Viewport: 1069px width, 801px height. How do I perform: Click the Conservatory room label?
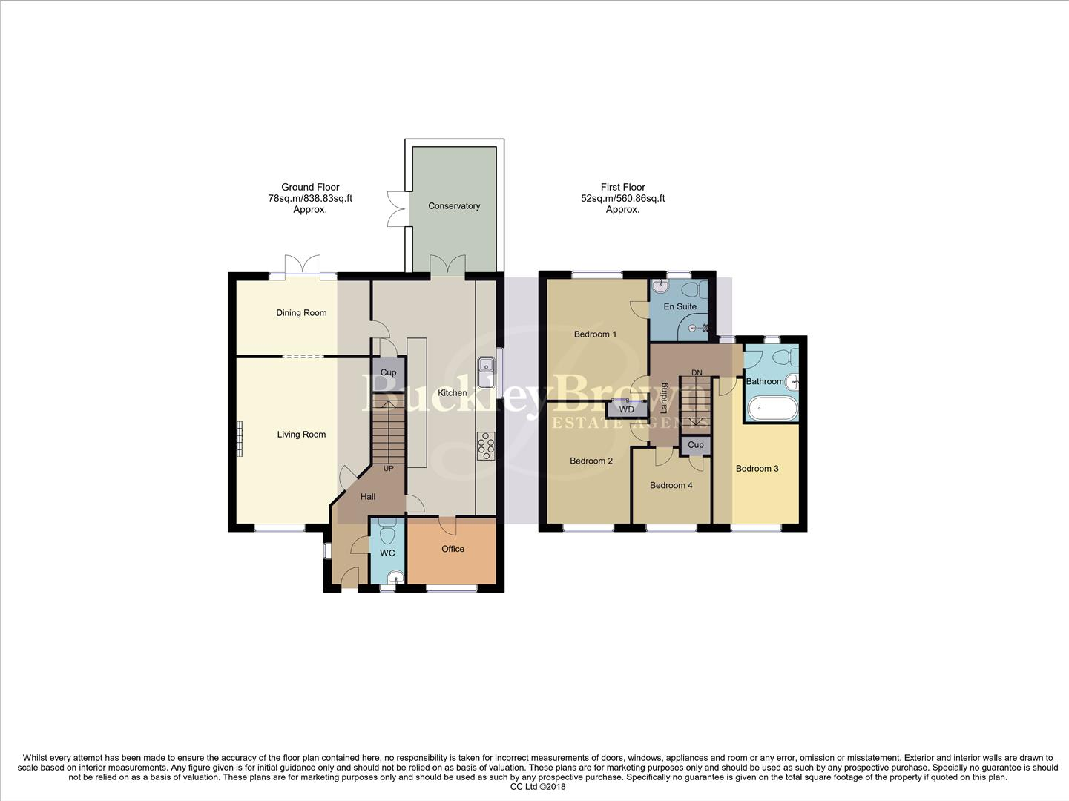coord(454,206)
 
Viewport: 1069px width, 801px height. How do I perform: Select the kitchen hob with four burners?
coord(487,446)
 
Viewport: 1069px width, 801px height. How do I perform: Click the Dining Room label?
coord(301,313)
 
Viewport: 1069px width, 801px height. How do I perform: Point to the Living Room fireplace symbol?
coord(240,439)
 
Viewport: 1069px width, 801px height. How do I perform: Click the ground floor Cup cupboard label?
coord(388,372)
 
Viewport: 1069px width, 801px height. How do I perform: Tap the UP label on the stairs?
coord(388,469)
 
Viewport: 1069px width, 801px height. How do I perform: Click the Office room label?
coord(453,549)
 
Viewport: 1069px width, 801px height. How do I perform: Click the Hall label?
coord(368,497)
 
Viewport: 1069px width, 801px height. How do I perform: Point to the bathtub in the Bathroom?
coord(772,409)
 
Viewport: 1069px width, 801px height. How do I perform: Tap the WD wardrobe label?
coord(627,409)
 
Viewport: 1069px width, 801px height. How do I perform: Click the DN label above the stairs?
coord(697,372)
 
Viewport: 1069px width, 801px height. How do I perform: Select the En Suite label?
coord(680,306)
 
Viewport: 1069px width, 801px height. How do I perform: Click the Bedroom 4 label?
coord(671,485)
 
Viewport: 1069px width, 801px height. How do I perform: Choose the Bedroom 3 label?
coord(757,469)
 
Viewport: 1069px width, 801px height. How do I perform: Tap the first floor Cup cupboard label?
coord(695,445)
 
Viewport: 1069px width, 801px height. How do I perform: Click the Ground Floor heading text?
coord(310,188)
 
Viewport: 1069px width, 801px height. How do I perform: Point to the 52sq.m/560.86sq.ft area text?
coord(622,199)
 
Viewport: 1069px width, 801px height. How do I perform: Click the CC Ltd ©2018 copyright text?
coord(538,787)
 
